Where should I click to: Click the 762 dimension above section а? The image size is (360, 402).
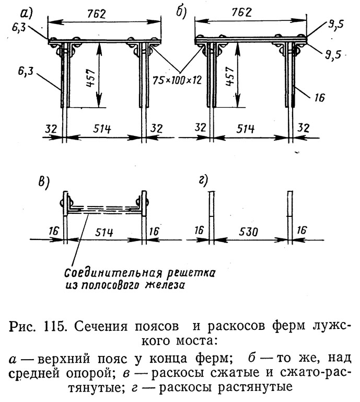click(x=96, y=14)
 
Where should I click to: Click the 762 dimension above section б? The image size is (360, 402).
click(x=241, y=13)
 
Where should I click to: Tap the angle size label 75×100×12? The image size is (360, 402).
click(x=177, y=81)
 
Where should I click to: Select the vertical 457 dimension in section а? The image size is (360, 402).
click(x=91, y=78)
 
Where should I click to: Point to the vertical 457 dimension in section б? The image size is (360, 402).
click(x=229, y=76)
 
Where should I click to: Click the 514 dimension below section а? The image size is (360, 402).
click(x=102, y=129)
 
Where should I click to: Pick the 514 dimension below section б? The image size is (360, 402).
click(x=246, y=129)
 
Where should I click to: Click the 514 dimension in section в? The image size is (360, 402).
click(x=104, y=233)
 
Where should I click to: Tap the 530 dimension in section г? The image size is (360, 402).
click(x=248, y=232)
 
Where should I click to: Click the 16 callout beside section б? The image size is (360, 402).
click(x=319, y=98)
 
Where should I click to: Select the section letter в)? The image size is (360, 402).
click(x=44, y=183)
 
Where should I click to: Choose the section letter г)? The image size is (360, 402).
click(x=203, y=180)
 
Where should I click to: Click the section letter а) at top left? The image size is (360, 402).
click(x=27, y=14)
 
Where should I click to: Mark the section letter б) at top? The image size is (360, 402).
click(x=181, y=13)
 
